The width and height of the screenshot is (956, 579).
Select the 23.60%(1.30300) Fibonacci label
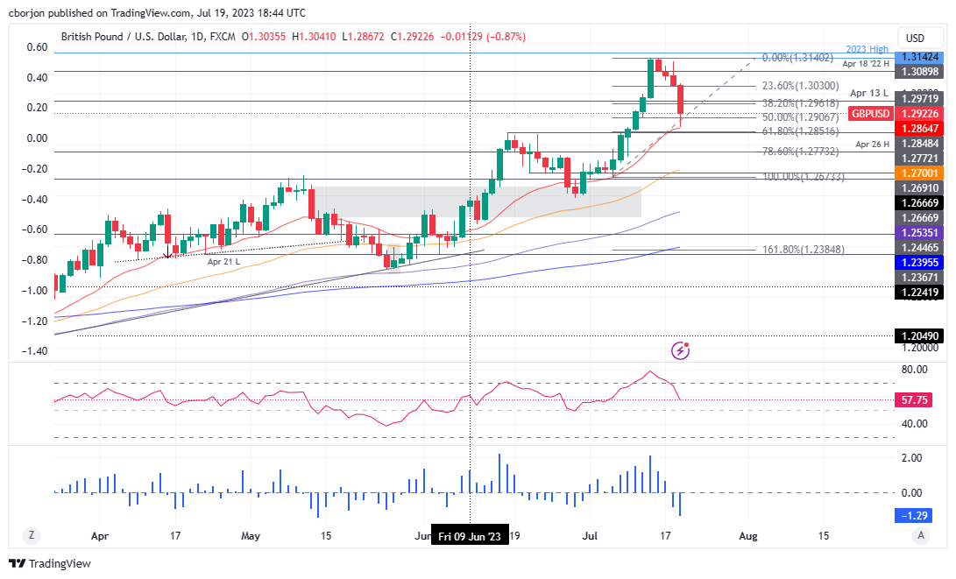coord(799,86)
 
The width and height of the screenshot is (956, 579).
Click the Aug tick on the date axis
coord(747,535)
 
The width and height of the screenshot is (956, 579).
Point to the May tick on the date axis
coord(251,535)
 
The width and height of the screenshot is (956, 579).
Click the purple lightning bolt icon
coord(681,350)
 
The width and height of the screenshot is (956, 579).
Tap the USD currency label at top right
coord(915,38)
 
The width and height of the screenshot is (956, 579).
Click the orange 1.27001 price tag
coord(917,173)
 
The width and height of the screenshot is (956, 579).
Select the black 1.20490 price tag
coord(917,335)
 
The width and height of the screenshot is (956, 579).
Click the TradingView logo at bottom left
coord(50,563)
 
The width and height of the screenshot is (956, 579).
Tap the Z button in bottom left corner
coord(31,535)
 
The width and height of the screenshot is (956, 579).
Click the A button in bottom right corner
coord(920,535)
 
